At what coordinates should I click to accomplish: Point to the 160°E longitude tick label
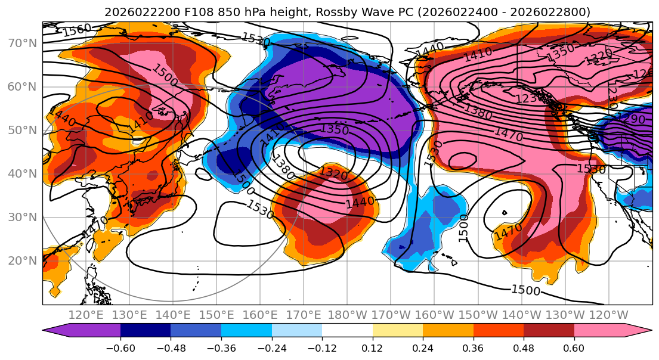pos(259,315)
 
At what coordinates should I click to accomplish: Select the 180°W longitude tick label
pos(346,315)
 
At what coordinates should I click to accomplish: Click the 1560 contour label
pos(77,29)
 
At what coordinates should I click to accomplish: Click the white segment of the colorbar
pos(347,330)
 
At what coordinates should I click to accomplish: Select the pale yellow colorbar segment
pos(397,330)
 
